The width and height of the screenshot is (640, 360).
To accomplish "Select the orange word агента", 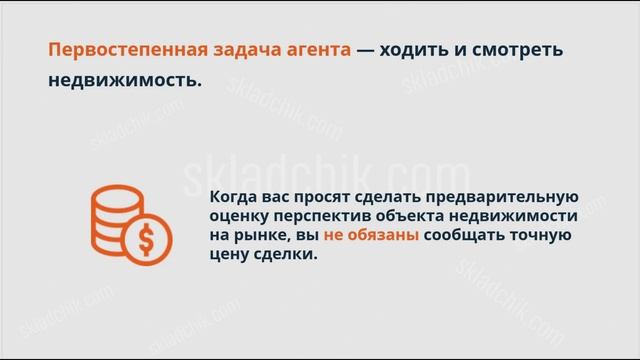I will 314,50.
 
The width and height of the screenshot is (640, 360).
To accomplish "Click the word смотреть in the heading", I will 524,49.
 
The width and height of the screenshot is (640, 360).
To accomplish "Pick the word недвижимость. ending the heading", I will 125,81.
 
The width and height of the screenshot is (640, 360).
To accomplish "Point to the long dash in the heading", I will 365,49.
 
